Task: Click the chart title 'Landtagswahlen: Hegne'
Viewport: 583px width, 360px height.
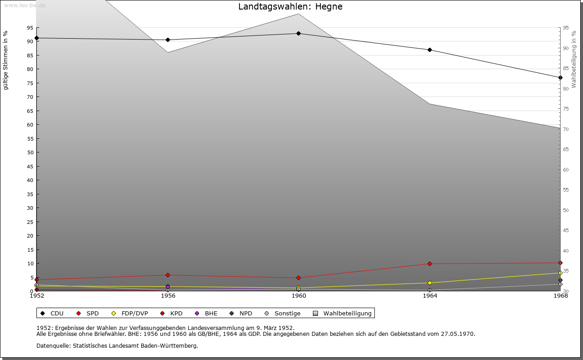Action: coord(290,7)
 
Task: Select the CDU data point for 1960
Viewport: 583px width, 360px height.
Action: coord(298,34)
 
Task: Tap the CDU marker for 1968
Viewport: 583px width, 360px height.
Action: coord(560,78)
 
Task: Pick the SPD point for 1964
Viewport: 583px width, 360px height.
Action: coord(430,264)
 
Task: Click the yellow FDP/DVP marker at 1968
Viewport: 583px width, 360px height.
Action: coord(560,273)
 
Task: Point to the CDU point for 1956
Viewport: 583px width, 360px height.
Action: coord(168,40)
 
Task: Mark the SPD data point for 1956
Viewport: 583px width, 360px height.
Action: coord(168,275)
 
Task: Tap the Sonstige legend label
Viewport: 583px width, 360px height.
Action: coord(287,314)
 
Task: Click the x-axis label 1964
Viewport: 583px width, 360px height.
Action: coord(430,296)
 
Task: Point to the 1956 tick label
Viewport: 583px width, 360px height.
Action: coord(168,296)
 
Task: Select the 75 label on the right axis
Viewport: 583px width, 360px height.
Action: coord(566,109)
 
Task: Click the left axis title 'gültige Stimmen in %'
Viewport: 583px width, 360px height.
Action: coord(6,61)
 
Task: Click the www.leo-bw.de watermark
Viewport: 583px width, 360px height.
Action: coord(25,5)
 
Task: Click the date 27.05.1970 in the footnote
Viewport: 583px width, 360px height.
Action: coord(457,334)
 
